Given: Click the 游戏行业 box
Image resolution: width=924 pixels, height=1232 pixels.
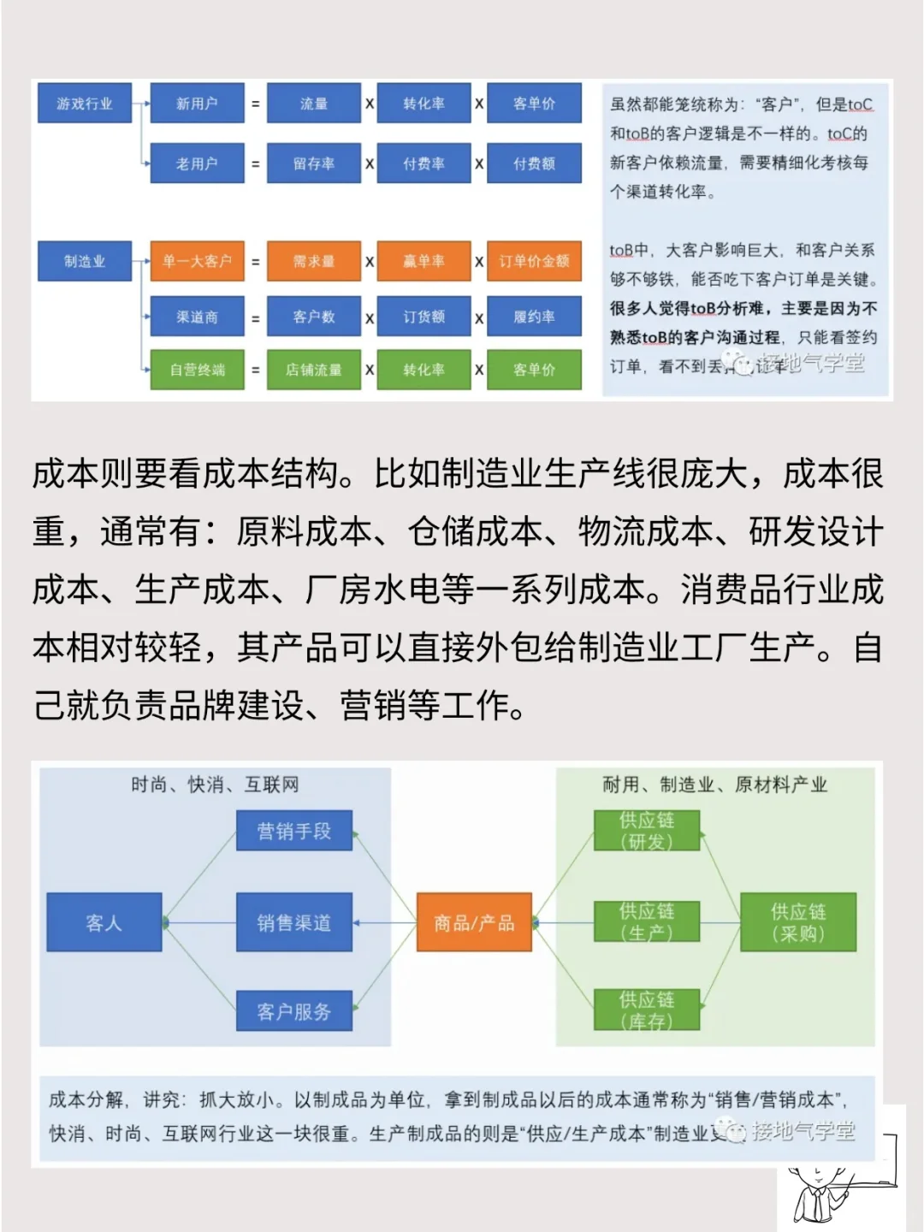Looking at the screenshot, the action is [84, 104].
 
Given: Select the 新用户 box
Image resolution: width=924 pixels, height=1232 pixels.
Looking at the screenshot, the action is [197, 104].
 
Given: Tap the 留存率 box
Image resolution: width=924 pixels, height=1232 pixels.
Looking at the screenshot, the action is [313, 163].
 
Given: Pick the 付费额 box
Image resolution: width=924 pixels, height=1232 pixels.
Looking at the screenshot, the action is [534, 163].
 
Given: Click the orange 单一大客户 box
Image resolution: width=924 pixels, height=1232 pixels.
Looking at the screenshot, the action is [197, 261].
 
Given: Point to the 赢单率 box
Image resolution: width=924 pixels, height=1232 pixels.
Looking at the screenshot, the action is [423, 261].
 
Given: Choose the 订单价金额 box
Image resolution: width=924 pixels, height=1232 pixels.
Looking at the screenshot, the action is [534, 261].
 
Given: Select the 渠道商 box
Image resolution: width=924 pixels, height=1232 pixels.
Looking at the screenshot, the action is [197, 317].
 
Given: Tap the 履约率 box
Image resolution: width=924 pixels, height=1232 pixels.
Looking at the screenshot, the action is [534, 317].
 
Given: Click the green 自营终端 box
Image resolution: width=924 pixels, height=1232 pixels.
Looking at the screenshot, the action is [197, 370].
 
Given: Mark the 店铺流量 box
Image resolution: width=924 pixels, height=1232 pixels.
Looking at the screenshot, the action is [313, 370].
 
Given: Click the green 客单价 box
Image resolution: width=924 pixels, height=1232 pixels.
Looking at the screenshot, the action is [534, 370].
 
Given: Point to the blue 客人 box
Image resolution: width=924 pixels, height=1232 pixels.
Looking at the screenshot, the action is [104, 922].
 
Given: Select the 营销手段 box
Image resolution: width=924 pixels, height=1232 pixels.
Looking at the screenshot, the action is [293, 831].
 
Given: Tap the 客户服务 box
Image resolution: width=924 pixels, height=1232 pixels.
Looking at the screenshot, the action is [293, 1011].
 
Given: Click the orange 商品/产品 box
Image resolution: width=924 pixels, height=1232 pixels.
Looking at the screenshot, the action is [474, 922].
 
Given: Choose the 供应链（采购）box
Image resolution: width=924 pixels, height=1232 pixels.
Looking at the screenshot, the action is [797, 922].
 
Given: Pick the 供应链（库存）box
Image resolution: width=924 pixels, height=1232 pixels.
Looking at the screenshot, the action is [647, 1010].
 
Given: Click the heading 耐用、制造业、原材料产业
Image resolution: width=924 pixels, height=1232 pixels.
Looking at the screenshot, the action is [714, 785].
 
